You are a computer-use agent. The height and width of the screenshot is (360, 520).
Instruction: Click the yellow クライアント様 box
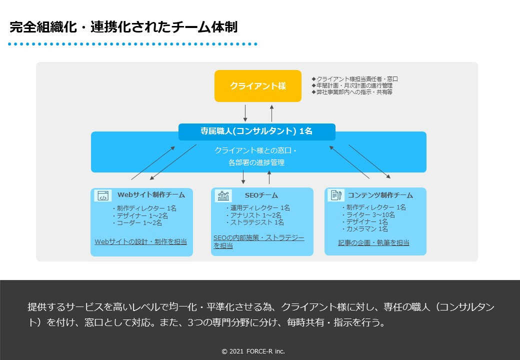click(257, 86)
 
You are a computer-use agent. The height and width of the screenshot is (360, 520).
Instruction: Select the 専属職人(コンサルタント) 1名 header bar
click(257, 131)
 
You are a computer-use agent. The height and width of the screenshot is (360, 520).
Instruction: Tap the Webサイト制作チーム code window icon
click(103, 195)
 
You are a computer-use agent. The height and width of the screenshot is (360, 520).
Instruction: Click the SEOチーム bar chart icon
click(223, 195)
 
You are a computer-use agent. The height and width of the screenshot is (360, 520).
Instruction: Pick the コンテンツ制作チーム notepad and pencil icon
click(336, 195)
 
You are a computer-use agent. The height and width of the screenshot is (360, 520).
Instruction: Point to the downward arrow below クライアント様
click(245, 113)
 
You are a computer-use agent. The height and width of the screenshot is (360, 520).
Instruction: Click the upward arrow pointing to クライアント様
click(271, 113)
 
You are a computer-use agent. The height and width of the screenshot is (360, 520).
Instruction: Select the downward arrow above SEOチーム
click(243, 177)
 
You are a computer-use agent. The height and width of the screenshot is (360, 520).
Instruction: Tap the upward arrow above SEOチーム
click(269, 177)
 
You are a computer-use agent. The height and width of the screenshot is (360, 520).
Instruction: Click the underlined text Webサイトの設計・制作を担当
click(140, 242)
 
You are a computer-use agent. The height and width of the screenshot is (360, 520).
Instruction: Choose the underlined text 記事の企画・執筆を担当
click(373, 243)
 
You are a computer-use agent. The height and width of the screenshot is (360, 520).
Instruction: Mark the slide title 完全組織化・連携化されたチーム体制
click(123, 27)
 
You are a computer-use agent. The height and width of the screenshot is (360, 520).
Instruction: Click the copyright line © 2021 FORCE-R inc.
click(253, 351)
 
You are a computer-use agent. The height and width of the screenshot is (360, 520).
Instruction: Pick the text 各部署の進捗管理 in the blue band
click(257, 162)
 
